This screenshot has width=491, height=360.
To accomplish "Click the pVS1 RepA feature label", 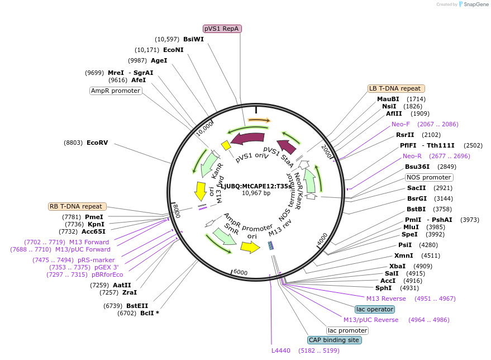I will pos(222,29).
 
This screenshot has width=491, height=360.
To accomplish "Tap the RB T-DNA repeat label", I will pos(76,206).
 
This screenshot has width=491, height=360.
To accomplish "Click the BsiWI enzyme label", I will pos(193,39).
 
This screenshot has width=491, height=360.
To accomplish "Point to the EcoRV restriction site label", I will pos(97,143).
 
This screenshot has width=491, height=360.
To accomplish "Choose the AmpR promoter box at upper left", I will pos(116,91).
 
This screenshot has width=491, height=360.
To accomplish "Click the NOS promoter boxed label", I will pos(429,177).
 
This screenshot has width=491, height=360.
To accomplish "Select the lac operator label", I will pos(374,309).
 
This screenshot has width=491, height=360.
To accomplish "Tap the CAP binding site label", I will pos(335,340).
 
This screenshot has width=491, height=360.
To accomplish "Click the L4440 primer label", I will pos(281,350).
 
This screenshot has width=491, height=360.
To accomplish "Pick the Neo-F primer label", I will pos(401,124).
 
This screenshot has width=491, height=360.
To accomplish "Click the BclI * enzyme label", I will pos(149,313).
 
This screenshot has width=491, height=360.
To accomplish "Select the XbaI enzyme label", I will pos(397,266).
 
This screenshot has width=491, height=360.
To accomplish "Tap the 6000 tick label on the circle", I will pos(240,272).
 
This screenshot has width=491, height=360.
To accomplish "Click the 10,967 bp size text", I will pos(256,193).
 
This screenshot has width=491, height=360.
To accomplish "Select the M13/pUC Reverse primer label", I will pos(371,320).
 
